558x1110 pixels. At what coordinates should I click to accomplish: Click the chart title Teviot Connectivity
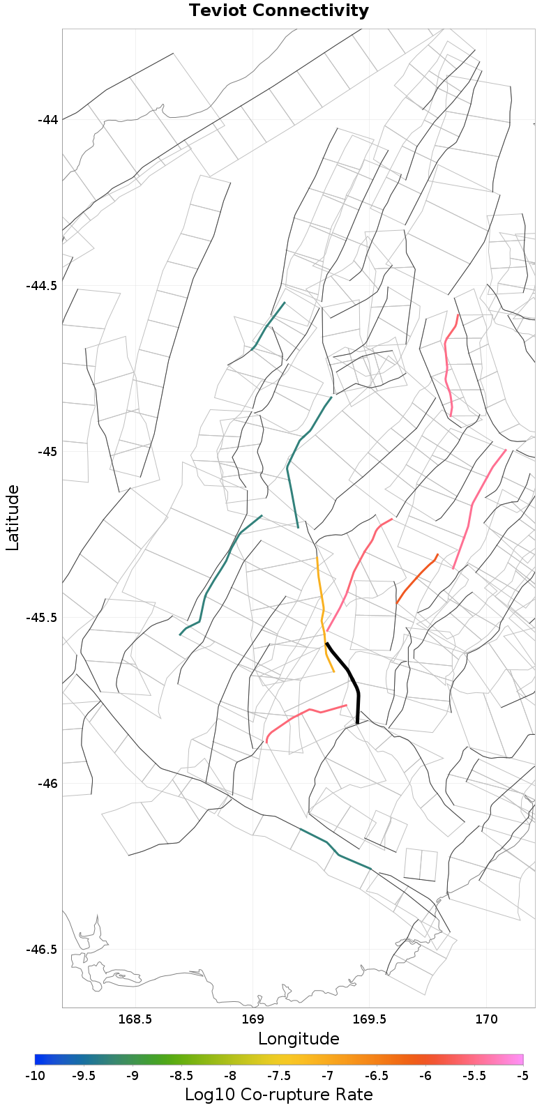[x=278, y=11]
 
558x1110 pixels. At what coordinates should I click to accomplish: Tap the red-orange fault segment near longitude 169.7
[x=416, y=579]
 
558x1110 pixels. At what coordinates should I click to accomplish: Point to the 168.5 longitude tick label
[x=135, y=1020]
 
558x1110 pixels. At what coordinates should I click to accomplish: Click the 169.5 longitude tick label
[x=368, y=1020]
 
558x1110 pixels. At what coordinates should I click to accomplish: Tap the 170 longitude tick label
[x=485, y=1020]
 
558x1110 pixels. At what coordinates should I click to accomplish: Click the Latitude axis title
[x=13, y=518]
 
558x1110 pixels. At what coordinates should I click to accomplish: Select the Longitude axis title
[x=299, y=1039]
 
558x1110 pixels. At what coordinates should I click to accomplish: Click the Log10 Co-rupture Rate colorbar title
[x=279, y=1094]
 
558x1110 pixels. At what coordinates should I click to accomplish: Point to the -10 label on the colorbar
[x=35, y=1076]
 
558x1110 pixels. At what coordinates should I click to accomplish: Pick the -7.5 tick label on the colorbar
[x=279, y=1076]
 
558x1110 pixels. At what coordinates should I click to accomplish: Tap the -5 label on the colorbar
[x=522, y=1076]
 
